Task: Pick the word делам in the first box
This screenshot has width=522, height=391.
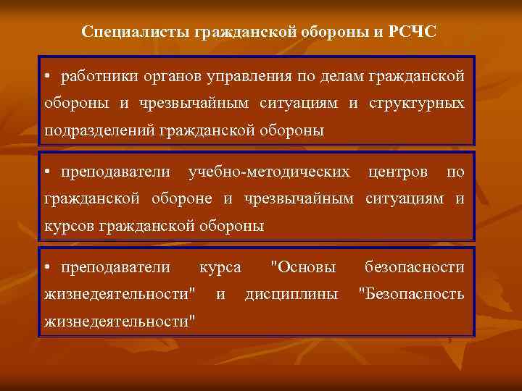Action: tap(341, 75)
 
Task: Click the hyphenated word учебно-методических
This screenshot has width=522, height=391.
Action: tap(269, 172)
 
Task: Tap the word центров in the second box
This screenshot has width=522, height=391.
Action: tap(398, 172)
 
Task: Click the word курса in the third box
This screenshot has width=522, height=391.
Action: tap(220, 267)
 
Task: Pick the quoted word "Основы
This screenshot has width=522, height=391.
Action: tap(302, 267)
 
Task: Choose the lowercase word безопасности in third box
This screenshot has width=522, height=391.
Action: tap(414, 267)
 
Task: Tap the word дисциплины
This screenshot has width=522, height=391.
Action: tap(291, 294)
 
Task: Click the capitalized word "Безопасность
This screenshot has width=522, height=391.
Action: tap(412, 294)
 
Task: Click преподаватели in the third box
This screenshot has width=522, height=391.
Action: tap(116, 267)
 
